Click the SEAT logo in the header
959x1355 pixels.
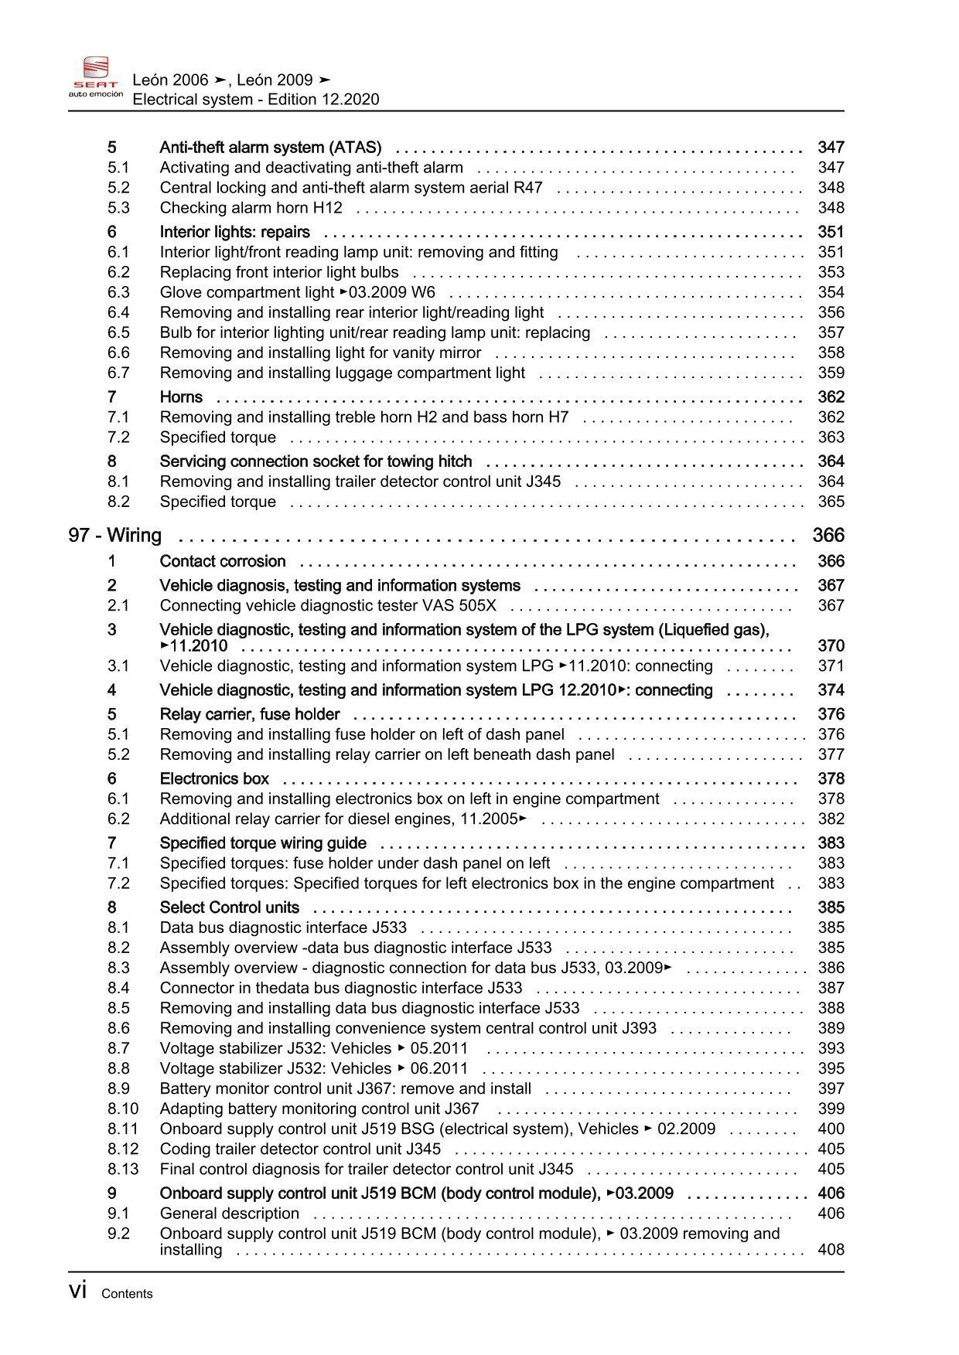96,77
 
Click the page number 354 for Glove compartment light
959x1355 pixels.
831,292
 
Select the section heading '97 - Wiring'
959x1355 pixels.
115,536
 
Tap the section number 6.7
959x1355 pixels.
118,373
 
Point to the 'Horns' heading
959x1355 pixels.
181,397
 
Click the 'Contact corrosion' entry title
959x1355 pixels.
223,562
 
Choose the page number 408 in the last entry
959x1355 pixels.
831,1250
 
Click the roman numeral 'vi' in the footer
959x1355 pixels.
77,1291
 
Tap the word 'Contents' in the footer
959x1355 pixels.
127,1294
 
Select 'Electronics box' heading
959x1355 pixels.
214,779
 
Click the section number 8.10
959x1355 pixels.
123,1109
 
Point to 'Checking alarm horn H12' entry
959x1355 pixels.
251,208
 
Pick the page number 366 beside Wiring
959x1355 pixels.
828,536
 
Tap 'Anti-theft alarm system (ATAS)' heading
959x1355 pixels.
270,148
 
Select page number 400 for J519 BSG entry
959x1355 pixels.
831,1129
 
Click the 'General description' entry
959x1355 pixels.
229,1214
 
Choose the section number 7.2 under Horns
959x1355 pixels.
118,437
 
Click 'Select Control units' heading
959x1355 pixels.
230,908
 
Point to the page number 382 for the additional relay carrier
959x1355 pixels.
831,819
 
